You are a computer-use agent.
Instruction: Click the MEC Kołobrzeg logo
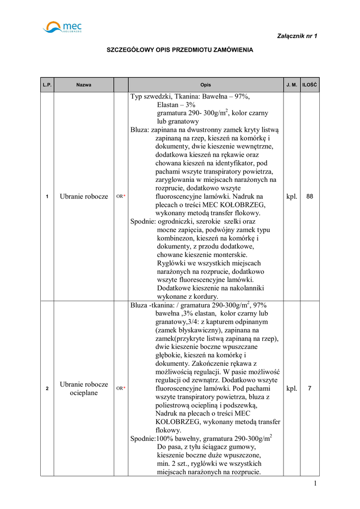pyautogui.click(x=63, y=27)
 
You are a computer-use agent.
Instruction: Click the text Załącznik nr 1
pyautogui.click(x=297, y=36)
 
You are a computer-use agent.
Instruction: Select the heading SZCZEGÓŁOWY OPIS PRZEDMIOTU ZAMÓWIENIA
pyautogui.click(x=180, y=50)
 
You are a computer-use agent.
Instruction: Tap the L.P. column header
pyautogui.click(x=47, y=85)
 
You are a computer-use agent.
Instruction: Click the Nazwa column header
pyautogui.click(x=84, y=85)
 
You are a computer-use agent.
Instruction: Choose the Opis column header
pyautogui.click(x=205, y=85)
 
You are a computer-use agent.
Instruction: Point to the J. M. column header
pyautogui.click(x=291, y=85)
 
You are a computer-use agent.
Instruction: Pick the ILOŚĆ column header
pyautogui.click(x=310, y=85)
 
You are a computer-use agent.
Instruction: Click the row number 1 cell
pyautogui.click(x=47, y=197)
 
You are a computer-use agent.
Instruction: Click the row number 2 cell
pyautogui.click(x=47, y=388)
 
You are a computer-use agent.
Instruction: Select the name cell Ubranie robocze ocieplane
pyautogui.click(x=84, y=388)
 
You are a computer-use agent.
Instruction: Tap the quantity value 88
pyautogui.click(x=310, y=197)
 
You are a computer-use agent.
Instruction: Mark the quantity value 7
pyautogui.click(x=310, y=388)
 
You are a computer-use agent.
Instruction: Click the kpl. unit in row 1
pyautogui.click(x=292, y=197)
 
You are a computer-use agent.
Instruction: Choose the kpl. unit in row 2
pyautogui.click(x=292, y=388)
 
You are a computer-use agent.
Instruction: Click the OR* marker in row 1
pyautogui.click(x=121, y=197)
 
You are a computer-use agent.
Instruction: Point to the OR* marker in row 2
pyautogui.click(x=121, y=388)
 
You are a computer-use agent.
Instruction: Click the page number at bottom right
pyautogui.click(x=315, y=484)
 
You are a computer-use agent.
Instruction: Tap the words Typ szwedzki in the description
pyautogui.click(x=149, y=96)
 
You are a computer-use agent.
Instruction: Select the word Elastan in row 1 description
pyautogui.click(x=169, y=105)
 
